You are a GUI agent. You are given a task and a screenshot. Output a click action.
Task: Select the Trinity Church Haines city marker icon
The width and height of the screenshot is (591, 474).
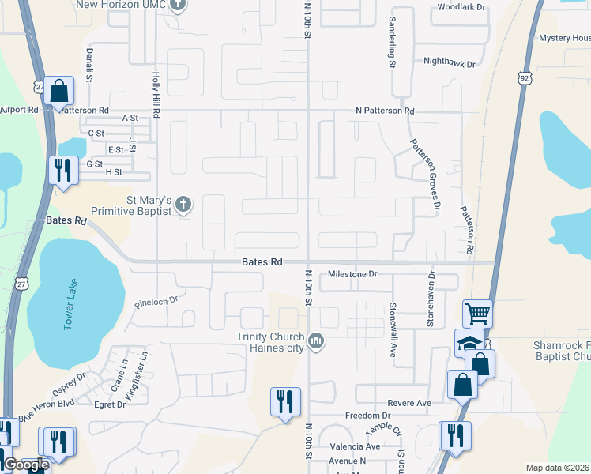(316, 340)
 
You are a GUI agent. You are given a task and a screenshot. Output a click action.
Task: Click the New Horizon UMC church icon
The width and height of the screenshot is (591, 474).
(178, 6)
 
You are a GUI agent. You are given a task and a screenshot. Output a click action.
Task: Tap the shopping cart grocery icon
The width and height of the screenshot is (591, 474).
(477, 314)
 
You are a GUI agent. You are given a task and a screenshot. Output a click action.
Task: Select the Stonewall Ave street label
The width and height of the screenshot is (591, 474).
(393, 329)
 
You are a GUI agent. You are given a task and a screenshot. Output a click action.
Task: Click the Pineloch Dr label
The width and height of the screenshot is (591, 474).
(157, 301)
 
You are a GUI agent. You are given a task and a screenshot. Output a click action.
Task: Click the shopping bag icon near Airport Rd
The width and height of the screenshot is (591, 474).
(59, 91)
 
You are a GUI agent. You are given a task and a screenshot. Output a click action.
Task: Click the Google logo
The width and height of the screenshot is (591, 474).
(26, 465)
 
